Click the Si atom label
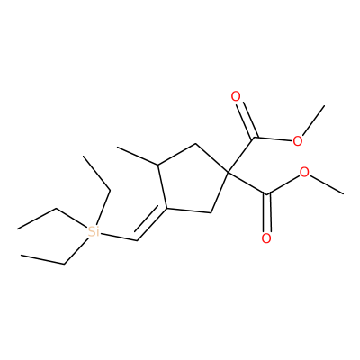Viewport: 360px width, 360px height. click(94, 231)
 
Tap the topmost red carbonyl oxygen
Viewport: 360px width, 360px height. click(236, 96)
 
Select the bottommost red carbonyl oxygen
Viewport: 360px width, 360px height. click(266, 238)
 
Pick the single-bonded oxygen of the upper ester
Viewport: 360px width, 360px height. click(297, 141)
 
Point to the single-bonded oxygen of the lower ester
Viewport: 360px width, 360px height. click(305, 173)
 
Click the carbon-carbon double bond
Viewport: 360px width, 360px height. click(150, 222)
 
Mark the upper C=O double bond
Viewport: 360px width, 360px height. click(245, 119)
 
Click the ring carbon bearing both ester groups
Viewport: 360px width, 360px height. click(228, 172)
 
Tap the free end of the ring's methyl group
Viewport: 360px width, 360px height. click(118, 148)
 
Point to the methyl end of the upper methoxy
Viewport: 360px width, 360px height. click(325, 105)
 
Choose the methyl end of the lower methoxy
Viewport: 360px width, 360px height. click(343, 193)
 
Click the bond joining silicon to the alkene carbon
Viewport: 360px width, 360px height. click(119, 236)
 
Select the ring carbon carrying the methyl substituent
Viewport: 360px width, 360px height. click(158, 165)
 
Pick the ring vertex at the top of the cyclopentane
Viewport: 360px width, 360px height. click(195, 144)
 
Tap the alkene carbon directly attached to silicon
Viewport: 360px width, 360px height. click(137, 240)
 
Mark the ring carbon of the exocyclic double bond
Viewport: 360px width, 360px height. click(166, 208)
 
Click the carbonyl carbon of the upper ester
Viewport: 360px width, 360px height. click(254, 138)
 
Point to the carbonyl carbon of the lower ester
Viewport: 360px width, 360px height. click(266, 194)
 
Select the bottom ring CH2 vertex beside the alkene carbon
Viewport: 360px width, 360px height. click(211, 213)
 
